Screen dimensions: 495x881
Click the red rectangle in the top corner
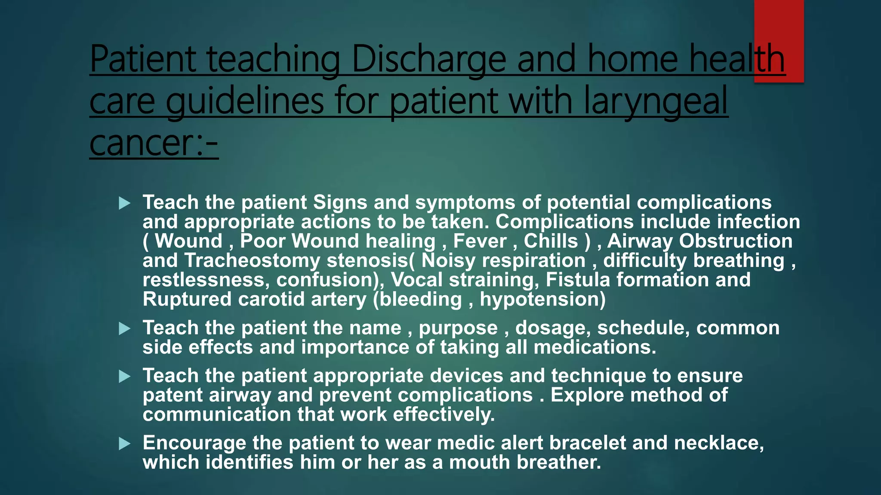point(779,41)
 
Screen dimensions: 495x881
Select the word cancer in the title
point(142,143)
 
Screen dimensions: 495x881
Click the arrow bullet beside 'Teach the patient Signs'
point(124,203)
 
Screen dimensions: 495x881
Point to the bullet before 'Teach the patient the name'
point(124,329)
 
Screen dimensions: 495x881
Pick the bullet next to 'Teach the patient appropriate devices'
point(124,376)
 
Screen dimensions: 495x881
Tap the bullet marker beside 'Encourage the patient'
point(124,443)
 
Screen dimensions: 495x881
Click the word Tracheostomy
point(253,261)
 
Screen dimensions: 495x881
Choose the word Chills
point(551,241)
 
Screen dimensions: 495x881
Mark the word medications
point(595,347)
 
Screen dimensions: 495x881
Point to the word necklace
point(718,443)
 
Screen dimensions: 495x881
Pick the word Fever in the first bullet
point(480,241)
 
